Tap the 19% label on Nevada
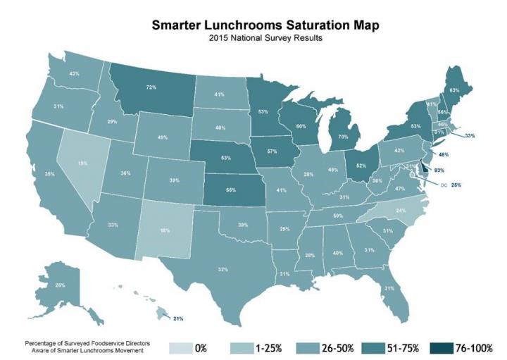point(83,163)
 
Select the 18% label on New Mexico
point(165,230)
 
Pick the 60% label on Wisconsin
point(301,127)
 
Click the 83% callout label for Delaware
point(439,170)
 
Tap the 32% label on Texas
point(223,269)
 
